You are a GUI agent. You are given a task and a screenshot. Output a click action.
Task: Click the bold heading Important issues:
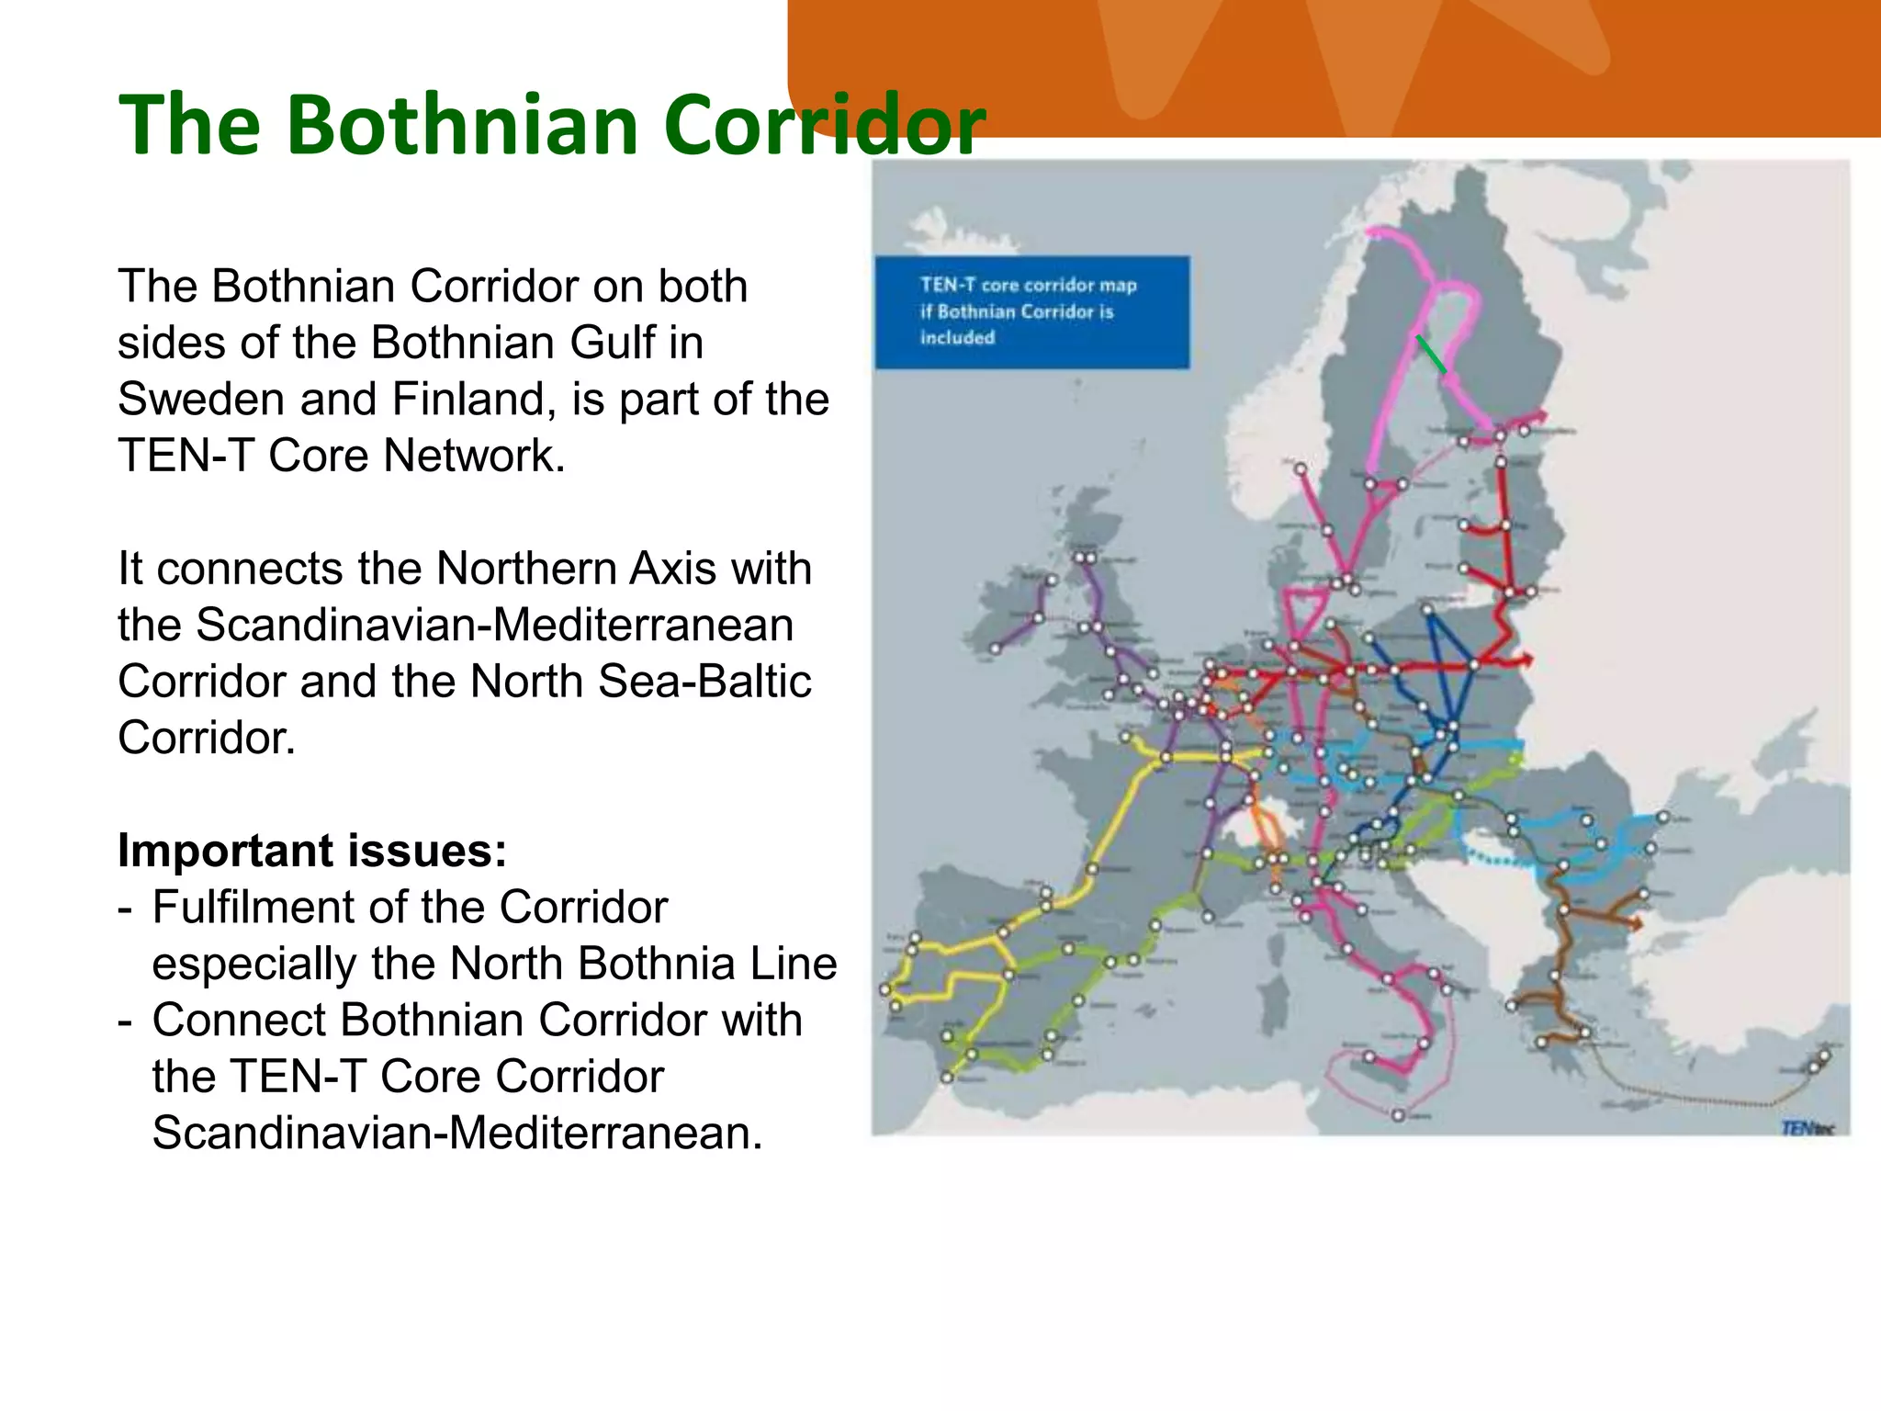click(312, 851)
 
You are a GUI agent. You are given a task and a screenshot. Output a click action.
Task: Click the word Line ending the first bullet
click(794, 965)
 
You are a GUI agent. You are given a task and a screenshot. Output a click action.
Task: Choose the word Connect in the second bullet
click(237, 1021)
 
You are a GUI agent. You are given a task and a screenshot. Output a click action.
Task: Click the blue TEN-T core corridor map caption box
click(1031, 312)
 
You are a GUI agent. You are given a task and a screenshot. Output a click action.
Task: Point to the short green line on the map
click(1431, 354)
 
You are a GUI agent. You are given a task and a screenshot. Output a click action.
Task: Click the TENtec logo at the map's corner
click(1806, 1128)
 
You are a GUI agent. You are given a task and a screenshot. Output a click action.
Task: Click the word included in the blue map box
click(957, 338)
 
